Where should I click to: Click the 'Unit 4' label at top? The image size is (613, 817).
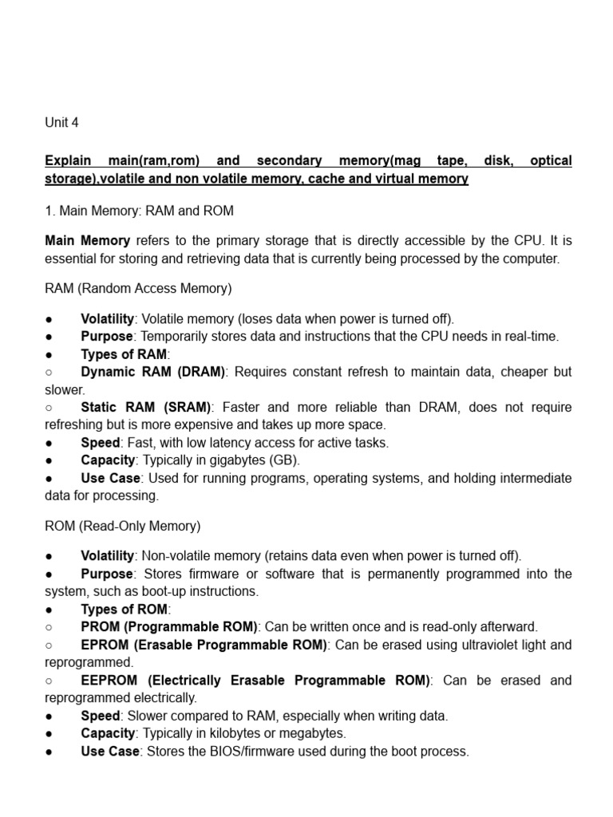click(x=61, y=123)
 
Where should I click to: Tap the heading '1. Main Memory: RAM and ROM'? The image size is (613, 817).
click(x=139, y=211)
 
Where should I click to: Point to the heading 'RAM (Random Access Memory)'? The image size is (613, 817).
click(x=138, y=288)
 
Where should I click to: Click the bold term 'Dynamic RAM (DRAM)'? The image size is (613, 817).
click(x=153, y=372)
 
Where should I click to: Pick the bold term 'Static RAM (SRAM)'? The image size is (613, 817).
click(x=146, y=407)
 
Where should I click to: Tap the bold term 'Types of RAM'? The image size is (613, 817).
click(x=124, y=354)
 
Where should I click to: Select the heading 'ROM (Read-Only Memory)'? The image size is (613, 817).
click(x=123, y=526)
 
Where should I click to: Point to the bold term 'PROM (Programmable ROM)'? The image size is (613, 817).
click(x=169, y=627)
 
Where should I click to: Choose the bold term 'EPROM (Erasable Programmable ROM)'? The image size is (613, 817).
click(x=204, y=645)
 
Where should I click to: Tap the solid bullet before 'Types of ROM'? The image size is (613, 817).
click(x=49, y=610)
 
